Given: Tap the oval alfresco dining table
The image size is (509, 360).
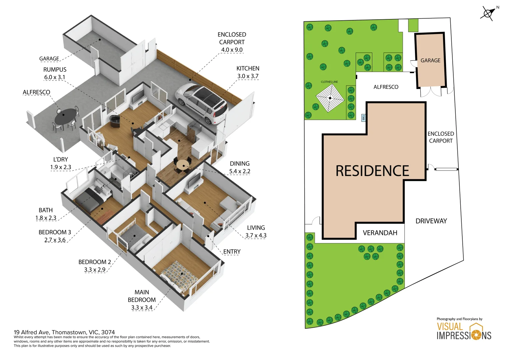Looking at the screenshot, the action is point(65,116).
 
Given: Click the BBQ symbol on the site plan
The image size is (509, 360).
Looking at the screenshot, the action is point(363,118).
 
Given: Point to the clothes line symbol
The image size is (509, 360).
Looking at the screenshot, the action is point(330,98).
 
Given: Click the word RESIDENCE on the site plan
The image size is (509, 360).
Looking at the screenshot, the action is point(372,171).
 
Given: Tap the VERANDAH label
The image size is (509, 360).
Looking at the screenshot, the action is point(380,233).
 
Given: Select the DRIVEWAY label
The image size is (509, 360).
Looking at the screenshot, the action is point(431,221).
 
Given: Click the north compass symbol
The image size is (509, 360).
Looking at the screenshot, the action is point(488,13).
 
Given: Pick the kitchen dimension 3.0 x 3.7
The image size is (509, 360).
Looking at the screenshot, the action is point(248,76).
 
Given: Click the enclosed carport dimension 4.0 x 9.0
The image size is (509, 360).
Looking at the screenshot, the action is point(232,50).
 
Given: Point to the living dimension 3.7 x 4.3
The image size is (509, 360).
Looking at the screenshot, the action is point(256,235).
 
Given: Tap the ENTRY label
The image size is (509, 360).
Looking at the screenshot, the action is point(232,252).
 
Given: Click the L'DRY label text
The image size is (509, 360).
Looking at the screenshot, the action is point(61,159).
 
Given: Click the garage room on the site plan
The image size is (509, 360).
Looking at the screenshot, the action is point(430,60).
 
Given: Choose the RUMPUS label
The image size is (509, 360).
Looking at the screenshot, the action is point(55,70).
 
